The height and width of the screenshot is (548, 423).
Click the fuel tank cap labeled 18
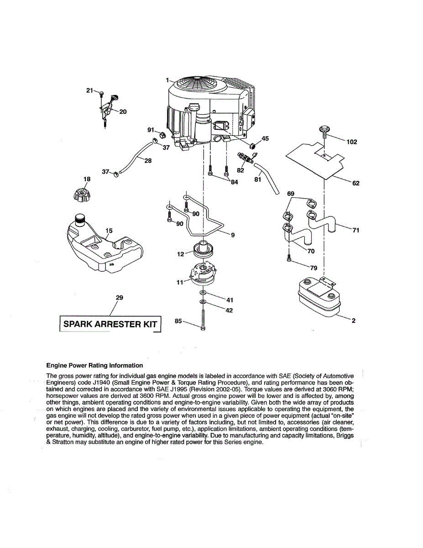point(82,196)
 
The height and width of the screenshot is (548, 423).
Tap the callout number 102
point(352,142)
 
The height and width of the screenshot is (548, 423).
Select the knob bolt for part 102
point(324,130)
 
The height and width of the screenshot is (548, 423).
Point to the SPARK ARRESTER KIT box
point(110,325)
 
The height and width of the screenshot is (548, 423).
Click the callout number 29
point(120,298)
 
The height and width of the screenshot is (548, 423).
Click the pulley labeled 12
point(204,250)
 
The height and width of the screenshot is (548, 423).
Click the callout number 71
point(356,230)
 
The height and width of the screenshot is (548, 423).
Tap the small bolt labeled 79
point(289,259)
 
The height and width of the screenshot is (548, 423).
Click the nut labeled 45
point(252,145)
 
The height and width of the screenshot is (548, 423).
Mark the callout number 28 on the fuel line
point(148,160)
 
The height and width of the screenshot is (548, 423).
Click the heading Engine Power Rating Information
point(94,365)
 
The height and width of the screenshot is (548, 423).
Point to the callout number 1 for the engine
point(167,79)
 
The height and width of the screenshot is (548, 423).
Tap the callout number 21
point(89,90)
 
